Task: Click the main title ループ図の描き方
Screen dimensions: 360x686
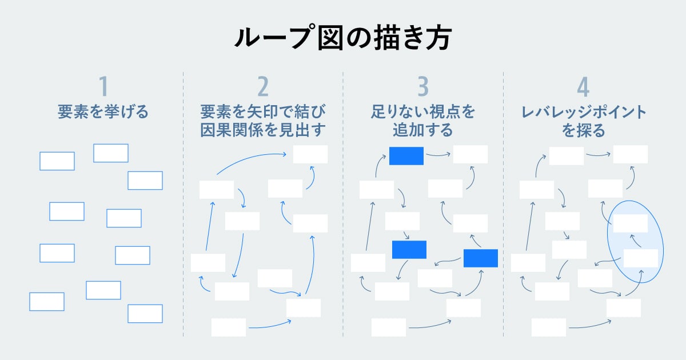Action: [x=342, y=38]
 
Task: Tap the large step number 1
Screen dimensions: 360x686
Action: [x=103, y=86]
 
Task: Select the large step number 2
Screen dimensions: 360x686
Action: [x=262, y=86]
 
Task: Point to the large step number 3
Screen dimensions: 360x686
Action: [x=422, y=86]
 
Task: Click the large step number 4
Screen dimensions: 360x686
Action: [x=583, y=86]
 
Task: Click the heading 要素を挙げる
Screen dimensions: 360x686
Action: [x=103, y=112]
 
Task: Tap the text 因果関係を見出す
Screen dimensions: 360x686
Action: [x=263, y=130]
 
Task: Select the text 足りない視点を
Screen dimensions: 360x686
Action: [x=422, y=112]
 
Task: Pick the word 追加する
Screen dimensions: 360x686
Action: [x=422, y=130]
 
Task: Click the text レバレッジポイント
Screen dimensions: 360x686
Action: [x=583, y=112]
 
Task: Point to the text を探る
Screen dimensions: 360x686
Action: [x=583, y=130]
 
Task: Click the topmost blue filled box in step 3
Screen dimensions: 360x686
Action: [x=406, y=156]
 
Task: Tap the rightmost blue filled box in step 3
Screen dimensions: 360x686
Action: [x=481, y=258]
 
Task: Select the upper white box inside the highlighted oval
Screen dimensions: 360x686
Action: [x=630, y=223]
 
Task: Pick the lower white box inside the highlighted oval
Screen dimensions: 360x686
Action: [x=640, y=258]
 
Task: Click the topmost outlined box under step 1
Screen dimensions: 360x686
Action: [x=111, y=153]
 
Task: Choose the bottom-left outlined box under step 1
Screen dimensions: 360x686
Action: [x=47, y=302]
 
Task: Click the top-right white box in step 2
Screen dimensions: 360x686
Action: [x=310, y=154]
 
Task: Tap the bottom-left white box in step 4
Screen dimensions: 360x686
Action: [x=549, y=327]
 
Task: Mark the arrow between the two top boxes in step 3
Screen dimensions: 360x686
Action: [x=438, y=154]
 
